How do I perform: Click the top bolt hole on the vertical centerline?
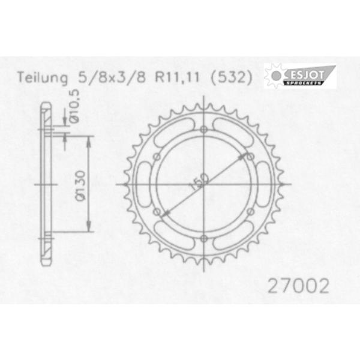(204, 130)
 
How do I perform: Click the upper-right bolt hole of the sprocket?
(251, 157)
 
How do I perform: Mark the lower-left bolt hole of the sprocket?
(157, 212)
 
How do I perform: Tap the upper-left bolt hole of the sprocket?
(157, 157)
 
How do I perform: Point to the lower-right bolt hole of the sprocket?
(251, 212)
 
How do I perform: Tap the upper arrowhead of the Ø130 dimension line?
(89, 139)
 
